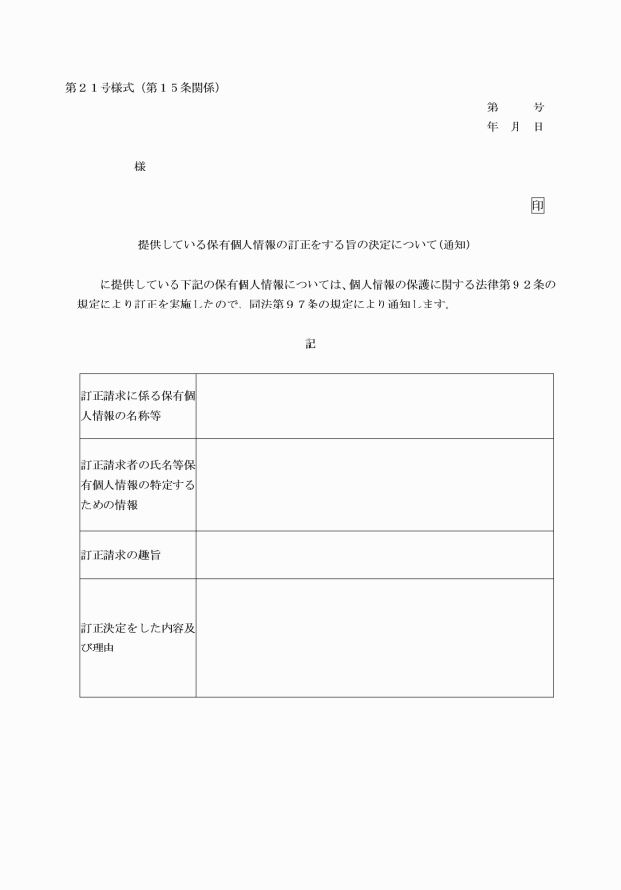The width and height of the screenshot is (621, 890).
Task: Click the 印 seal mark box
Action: click(x=537, y=205)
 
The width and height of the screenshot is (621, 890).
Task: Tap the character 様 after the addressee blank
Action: click(x=140, y=167)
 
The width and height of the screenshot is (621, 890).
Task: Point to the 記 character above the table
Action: click(x=310, y=345)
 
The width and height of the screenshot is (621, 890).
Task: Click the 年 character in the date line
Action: click(x=492, y=127)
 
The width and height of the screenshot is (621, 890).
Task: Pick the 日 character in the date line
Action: click(x=538, y=127)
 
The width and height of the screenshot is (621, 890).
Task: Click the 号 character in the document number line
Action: click(x=538, y=106)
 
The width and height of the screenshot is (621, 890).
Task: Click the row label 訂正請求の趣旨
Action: click(x=120, y=555)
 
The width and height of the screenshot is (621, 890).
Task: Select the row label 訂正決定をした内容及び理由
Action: click(x=137, y=638)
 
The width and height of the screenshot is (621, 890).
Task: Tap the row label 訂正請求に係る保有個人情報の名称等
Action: click(x=137, y=405)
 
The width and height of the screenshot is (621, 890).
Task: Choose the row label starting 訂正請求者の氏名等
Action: click(x=137, y=485)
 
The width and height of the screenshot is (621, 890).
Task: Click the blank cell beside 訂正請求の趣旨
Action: click(x=375, y=555)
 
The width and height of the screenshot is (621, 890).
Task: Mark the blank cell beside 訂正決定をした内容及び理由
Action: click(x=375, y=638)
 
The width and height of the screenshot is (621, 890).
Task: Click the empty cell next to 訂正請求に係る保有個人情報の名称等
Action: click(x=375, y=405)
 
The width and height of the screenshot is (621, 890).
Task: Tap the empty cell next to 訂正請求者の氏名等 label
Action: click(x=375, y=485)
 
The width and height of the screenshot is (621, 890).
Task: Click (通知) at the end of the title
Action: click(x=462, y=243)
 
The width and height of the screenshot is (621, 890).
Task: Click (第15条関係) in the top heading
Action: click(x=183, y=87)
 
